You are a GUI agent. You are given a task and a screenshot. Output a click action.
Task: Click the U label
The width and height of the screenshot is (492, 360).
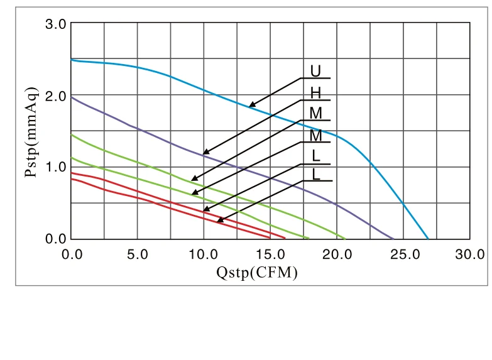point(315,70)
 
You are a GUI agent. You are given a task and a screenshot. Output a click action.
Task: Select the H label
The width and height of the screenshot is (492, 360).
point(315,93)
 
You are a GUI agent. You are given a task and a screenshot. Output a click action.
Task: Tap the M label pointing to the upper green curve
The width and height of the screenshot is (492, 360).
point(315,114)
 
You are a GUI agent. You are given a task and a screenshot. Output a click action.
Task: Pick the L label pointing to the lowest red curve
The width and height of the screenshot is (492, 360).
point(316,174)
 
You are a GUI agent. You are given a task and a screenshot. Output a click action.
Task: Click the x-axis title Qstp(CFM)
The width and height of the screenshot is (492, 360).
point(256,273)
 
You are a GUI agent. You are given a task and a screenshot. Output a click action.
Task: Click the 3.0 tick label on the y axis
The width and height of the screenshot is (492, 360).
point(56,24)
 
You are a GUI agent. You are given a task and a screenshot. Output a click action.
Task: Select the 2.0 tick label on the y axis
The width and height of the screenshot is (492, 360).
point(56,96)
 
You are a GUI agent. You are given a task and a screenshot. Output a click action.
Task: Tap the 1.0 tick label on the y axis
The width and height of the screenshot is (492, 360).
point(56,167)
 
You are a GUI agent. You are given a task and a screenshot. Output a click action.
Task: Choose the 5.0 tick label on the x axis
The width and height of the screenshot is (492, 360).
point(137,254)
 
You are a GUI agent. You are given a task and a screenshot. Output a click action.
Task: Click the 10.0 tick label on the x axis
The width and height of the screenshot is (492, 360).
point(204,254)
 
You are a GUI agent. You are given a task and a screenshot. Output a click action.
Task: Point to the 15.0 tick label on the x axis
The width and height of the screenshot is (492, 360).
point(270,254)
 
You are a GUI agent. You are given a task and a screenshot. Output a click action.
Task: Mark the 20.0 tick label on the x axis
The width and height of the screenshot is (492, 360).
point(337,254)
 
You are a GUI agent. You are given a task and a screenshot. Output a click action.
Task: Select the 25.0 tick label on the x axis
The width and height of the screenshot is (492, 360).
point(403,254)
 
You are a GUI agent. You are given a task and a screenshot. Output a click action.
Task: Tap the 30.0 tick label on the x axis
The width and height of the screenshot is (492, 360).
point(470,254)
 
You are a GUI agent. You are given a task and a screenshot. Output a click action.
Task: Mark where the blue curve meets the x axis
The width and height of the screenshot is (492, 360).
point(428,239)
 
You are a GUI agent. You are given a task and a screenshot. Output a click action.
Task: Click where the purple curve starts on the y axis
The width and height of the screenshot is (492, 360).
point(71,97)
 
